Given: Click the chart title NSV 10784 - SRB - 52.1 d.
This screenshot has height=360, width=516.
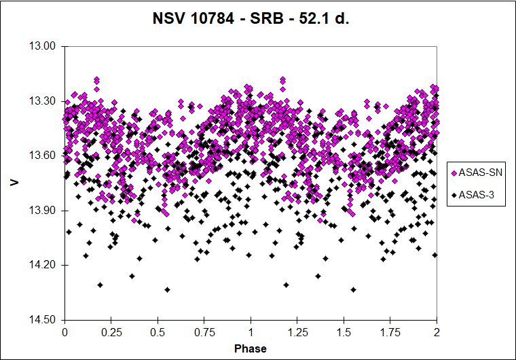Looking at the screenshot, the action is tap(251, 18).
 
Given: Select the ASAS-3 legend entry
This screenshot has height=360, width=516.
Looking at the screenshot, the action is tap(473, 195).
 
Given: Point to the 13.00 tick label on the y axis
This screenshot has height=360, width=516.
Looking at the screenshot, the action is tap(42, 46).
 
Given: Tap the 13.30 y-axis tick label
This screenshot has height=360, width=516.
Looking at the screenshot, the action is tap(42, 101).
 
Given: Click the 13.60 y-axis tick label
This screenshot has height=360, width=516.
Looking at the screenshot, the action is tap(42, 156).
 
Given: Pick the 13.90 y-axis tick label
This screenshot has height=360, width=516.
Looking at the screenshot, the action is tap(42, 211).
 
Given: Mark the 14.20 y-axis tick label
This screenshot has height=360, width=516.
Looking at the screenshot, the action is tap(42, 265).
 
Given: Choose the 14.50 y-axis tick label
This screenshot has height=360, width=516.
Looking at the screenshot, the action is tap(42, 320).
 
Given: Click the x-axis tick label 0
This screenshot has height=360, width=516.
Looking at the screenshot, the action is tap(64, 332).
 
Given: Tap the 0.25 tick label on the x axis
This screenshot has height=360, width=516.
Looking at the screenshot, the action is tap(111, 332).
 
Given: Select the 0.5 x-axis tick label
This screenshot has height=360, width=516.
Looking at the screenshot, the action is tap(158, 332).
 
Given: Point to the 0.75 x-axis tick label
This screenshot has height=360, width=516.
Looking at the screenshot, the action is tap(204, 332).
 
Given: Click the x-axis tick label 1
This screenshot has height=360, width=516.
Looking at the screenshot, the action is tap(251, 332).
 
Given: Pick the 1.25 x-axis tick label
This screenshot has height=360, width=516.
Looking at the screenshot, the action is tap(297, 332).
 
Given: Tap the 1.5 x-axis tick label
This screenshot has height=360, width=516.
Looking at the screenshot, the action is tap(344, 332).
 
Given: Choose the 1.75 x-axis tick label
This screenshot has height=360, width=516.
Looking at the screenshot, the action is tap(390, 332).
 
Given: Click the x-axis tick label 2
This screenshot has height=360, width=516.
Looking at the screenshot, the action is tap(437, 332).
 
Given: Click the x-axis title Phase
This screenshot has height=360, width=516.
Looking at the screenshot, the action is tap(251, 348).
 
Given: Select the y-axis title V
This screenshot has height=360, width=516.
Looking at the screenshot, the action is tap(14, 183).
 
